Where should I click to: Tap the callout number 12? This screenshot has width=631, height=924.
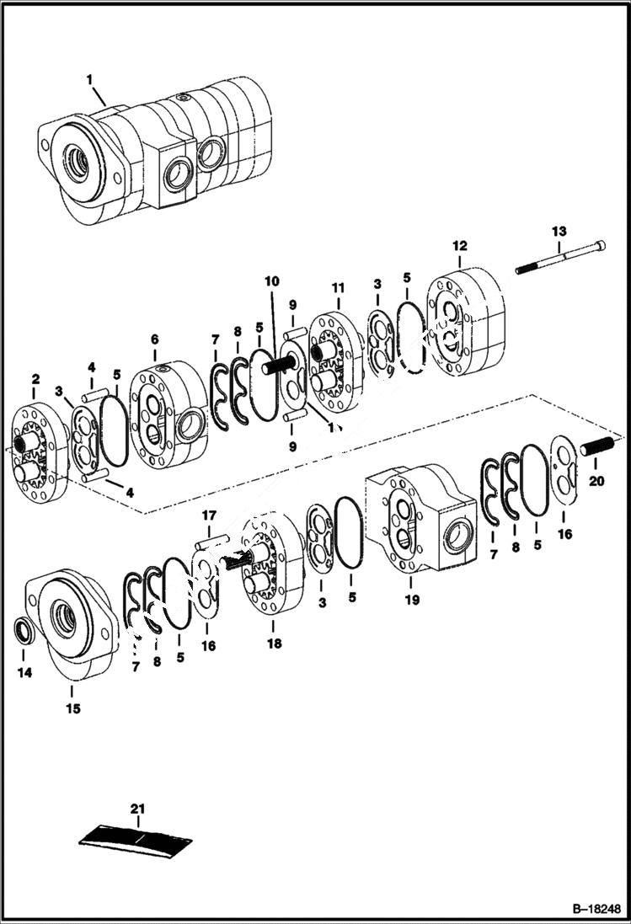tap(459, 246)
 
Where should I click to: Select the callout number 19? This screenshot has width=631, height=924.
tap(411, 601)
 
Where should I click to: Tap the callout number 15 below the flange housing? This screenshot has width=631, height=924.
tap(72, 708)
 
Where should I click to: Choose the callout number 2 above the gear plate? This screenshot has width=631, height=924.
tap(35, 379)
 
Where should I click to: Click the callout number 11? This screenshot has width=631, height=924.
tap(338, 288)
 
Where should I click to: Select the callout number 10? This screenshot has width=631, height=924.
tap(271, 280)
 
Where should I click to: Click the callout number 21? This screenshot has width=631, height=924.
tap(137, 809)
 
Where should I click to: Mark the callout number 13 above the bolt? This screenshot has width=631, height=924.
tap(559, 230)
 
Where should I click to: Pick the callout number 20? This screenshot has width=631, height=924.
tap(596, 482)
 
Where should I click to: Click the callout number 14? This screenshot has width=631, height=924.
tap(24, 674)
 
